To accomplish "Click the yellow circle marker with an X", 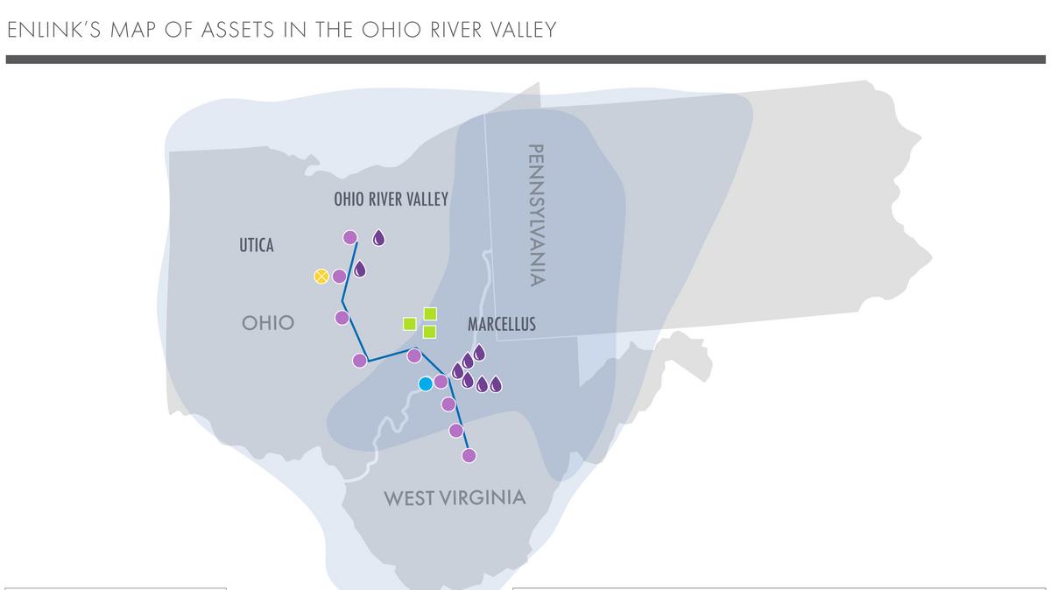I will point(321,277).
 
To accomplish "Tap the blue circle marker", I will point(426,383).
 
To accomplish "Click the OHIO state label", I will point(268,323).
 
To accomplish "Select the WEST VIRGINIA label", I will point(455,498).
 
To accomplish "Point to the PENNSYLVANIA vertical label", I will point(537,214).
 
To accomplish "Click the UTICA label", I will point(257,246).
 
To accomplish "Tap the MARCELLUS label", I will point(501,325).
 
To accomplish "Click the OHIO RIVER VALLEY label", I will point(391,200).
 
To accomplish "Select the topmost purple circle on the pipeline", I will point(350,237).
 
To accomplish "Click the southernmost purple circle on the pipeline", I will point(469,455).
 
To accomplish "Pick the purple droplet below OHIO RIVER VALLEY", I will point(379,237).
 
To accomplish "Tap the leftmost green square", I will point(409,323).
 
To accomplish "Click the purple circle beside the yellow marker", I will point(339,277).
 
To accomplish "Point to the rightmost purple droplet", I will point(496,384).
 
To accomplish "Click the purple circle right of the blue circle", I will point(441,381).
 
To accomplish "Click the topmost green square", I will point(430,313).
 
